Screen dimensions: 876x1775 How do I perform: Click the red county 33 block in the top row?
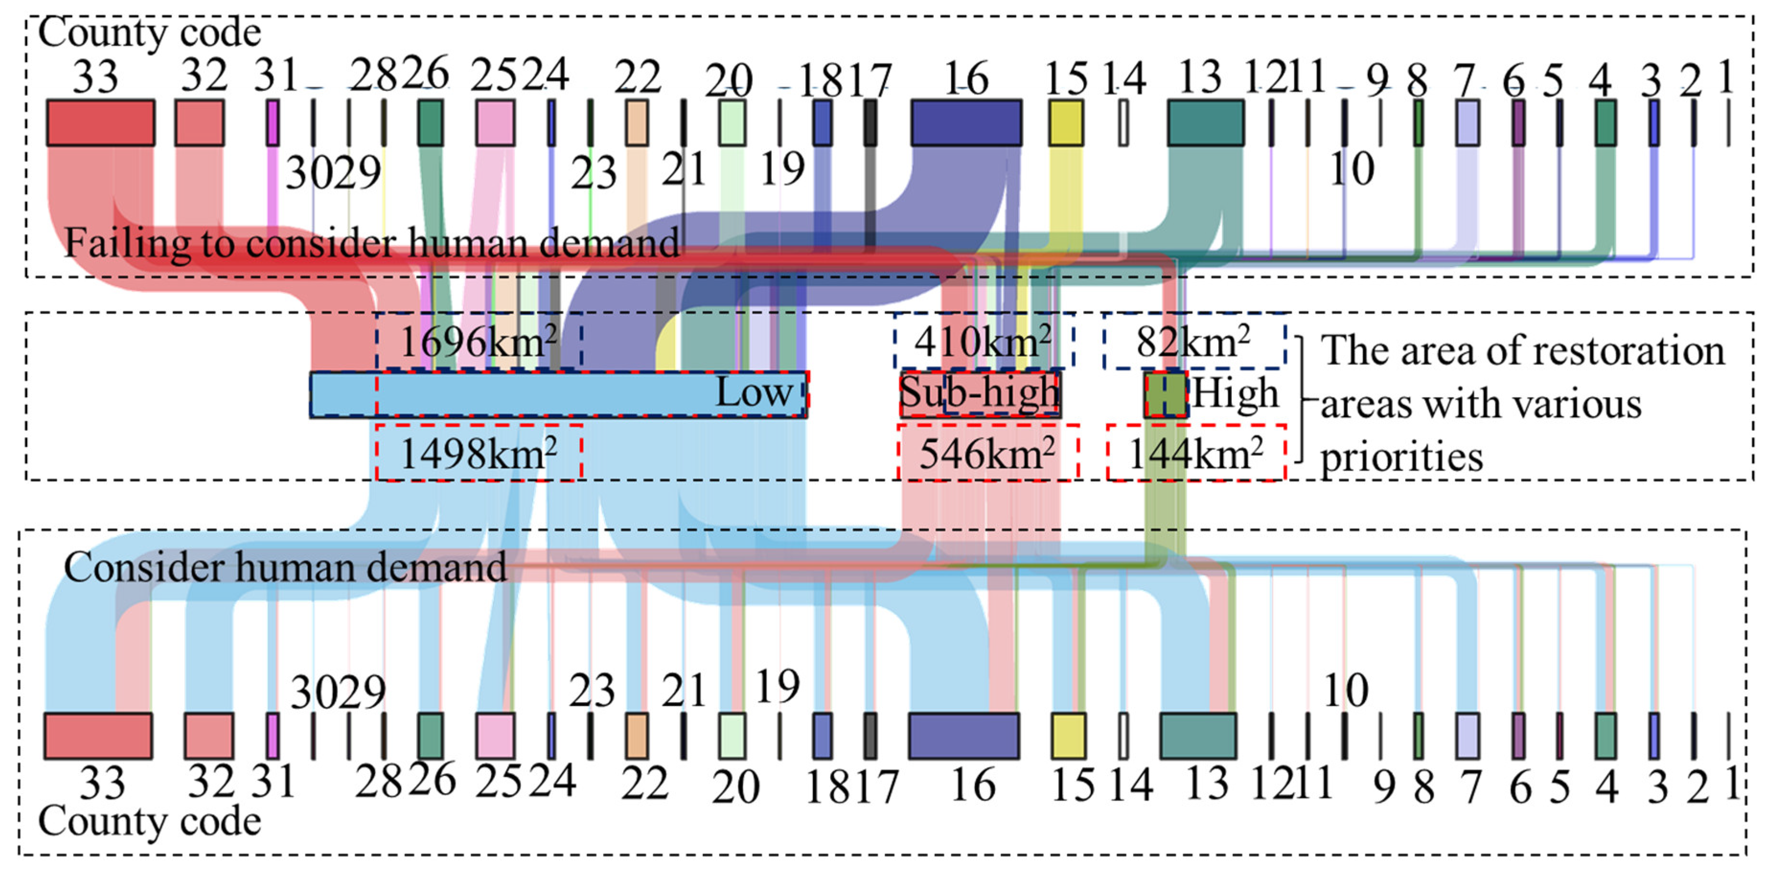[x=101, y=123]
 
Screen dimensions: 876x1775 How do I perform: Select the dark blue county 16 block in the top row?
[x=966, y=123]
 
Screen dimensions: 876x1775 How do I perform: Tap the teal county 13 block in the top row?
[x=1206, y=123]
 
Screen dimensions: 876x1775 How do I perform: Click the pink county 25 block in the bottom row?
[x=495, y=736]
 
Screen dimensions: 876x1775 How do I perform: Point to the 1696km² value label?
[x=478, y=341]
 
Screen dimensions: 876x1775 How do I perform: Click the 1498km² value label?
[x=478, y=453]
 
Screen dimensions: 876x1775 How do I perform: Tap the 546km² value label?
[x=987, y=453]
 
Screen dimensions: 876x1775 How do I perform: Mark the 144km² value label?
[x=1195, y=453]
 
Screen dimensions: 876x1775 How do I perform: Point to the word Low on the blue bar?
[x=755, y=393]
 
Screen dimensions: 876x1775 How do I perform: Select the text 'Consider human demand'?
[x=285, y=568]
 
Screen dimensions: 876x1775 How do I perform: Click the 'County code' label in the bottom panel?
[x=149, y=821]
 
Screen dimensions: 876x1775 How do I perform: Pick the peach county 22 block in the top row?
[x=637, y=123]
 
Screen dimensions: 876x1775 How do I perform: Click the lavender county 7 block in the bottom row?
[x=1468, y=736]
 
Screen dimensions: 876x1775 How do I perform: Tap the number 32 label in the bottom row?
[x=211, y=782]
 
